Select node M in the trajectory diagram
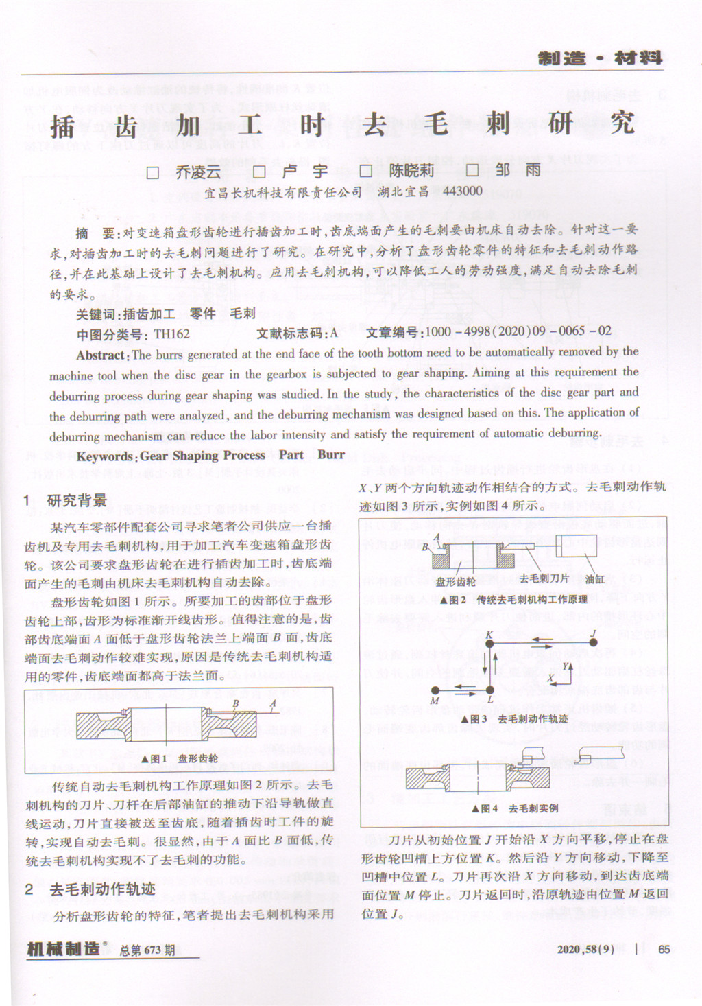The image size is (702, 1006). [x=435, y=690]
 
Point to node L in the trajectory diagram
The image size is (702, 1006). [x=490, y=690]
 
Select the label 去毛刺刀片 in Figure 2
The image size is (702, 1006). [x=544, y=579]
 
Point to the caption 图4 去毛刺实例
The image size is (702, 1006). [x=514, y=808]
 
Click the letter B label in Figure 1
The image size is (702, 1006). [x=236, y=703]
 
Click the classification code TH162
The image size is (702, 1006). [x=171, y=334]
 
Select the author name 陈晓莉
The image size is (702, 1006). [x=411, y=171]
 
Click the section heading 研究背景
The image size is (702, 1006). [x=77, y=500]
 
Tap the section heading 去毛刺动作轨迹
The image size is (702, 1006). [x=102, y=889]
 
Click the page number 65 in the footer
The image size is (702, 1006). [x=663, y=950]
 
